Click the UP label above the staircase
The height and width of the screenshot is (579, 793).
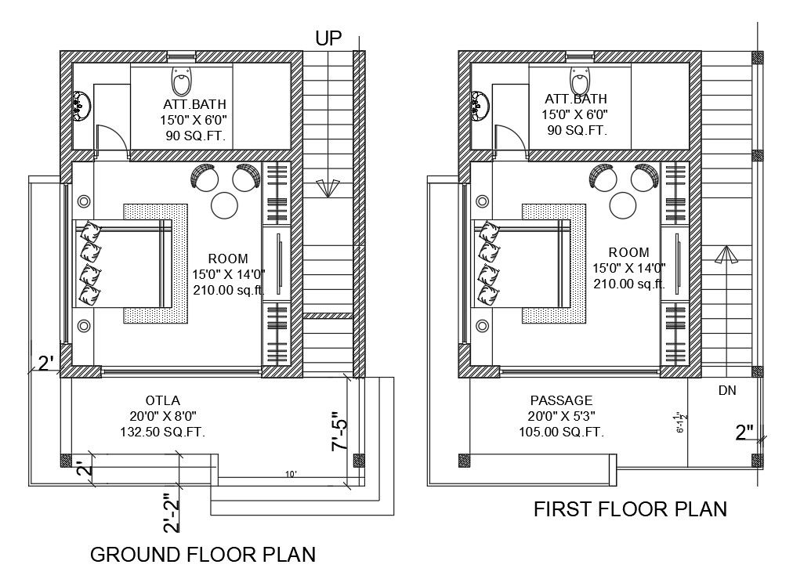328,38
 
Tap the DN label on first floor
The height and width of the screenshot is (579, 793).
726,390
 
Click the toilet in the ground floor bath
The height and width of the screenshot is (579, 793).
181,81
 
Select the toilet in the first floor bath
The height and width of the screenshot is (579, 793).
580,80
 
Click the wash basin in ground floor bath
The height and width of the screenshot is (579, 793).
81,103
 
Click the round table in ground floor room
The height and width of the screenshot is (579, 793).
225,204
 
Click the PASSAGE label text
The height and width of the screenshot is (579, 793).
561,400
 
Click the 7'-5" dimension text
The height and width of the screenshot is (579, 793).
340,432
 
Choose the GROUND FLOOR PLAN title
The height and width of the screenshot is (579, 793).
203,555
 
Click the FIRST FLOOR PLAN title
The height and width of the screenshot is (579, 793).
630,509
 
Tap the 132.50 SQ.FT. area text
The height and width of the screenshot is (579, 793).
162,432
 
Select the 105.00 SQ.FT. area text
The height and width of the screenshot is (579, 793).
561,432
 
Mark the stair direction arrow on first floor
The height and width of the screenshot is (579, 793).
725,255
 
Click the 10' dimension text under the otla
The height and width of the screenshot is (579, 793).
291,475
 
